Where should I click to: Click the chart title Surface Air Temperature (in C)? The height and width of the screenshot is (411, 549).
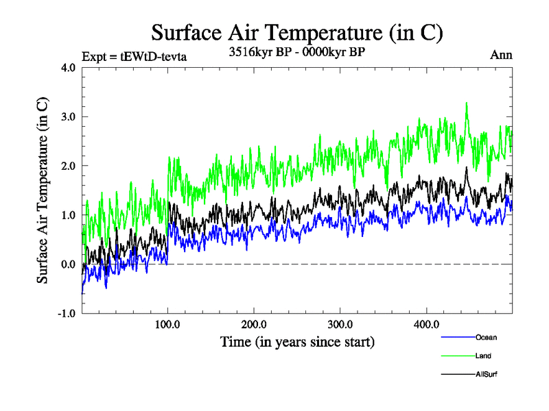coord(297,33)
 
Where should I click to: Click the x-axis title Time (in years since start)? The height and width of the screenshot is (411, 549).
coord(297,340)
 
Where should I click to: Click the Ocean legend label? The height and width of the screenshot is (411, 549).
coord(486,337)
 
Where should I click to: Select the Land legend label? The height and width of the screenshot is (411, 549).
coord(483,356)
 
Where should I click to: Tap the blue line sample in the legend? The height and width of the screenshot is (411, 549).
coord(458,337)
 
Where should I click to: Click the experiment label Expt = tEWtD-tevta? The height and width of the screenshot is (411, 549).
coord(134,56)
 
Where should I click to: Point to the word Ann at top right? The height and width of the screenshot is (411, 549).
coord(501,55)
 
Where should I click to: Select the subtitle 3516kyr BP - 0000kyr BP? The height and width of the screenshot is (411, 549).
coord(296,52)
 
